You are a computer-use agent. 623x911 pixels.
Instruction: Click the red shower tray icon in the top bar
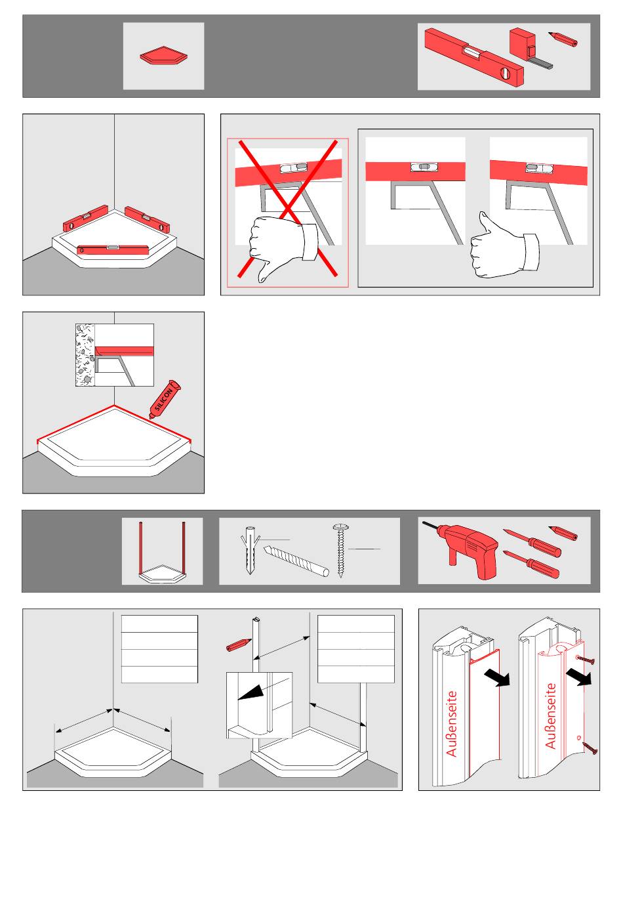(x=164, y=55)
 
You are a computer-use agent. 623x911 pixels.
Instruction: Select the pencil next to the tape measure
(x=563, y=39)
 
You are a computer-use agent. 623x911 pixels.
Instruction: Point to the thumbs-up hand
(x=504, y=248)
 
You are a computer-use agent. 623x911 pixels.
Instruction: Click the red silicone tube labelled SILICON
(x=165, y=399)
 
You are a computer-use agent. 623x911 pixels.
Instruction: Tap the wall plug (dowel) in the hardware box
(x=249, y=550)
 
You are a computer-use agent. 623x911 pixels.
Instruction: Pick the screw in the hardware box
(x=340, y=550)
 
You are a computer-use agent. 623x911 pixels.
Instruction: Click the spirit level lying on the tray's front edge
(x=113, y=249)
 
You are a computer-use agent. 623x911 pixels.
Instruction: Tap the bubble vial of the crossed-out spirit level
(x=293, y=167)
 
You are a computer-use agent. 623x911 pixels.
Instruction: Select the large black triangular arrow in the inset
(x=252, y=691)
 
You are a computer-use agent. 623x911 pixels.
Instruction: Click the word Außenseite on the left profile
(x=451, y=723)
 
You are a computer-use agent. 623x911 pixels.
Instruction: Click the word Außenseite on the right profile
(x=550, y=716)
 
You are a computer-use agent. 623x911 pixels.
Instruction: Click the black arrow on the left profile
(x=496, y=677)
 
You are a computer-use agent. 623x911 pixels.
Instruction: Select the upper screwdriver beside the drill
(x=532, y=542)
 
